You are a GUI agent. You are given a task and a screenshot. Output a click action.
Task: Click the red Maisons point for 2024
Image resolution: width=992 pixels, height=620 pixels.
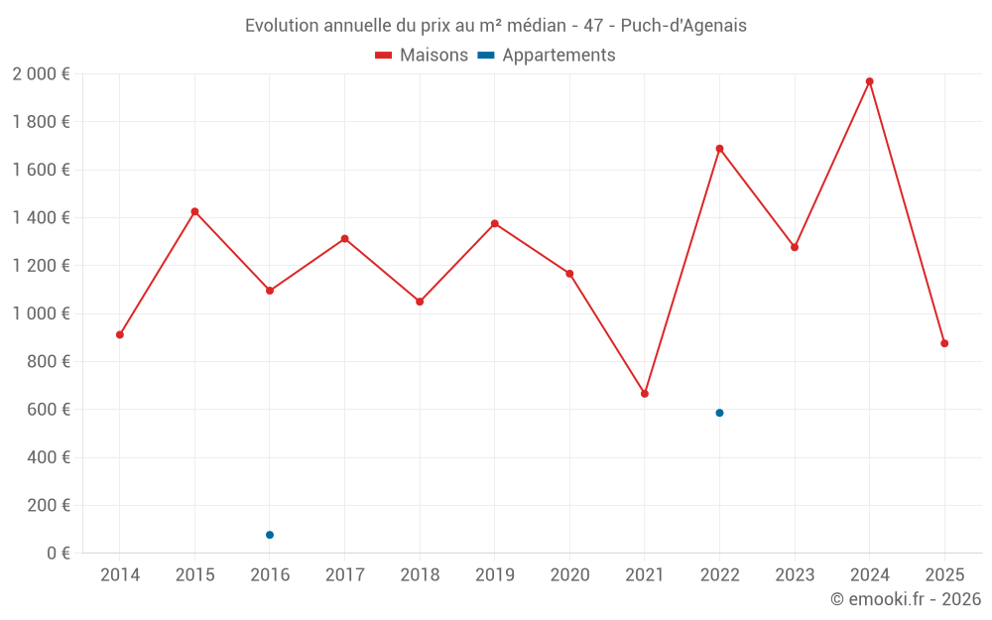[x=869, y=81]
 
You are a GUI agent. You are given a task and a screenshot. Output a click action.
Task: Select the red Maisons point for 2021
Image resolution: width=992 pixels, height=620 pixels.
[x=645, y=394]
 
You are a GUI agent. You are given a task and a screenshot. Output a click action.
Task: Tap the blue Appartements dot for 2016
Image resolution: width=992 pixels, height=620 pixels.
[x=270, y=535]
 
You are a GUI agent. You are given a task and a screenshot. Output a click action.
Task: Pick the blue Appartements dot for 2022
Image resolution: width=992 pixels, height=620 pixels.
[x=719, y=413]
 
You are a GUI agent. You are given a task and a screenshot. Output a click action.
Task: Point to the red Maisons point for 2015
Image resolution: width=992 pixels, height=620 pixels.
[x=194, y=211]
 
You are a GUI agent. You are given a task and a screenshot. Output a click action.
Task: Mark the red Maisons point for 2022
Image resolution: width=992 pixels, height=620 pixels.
[x=719, y=149]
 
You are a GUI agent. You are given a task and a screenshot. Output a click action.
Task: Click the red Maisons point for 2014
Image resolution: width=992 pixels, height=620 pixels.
[x=120, y=334]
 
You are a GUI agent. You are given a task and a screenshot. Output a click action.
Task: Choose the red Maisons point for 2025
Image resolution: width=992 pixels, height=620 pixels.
[x=944, y=343]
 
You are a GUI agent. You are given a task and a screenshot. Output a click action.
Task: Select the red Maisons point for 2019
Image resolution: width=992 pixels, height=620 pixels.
[x=495, y=223]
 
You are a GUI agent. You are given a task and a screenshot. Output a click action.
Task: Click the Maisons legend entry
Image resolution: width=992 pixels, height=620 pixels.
[x=422, y=56]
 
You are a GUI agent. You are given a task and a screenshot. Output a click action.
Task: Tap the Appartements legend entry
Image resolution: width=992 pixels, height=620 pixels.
[x=547, y=56]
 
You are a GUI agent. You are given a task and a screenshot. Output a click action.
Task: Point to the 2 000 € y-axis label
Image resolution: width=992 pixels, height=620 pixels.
[x=41, y=74]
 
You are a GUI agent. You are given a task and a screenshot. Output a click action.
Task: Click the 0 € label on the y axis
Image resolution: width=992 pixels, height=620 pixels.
[x=59, y=554]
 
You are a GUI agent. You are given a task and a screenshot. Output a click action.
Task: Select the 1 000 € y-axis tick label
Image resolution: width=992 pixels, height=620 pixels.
[x=41, y=313]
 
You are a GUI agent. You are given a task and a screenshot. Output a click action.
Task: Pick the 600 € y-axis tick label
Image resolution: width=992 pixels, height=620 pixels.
[x=48, y=410]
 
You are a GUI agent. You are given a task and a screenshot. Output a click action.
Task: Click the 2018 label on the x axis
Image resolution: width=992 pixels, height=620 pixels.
[x=420, y=575]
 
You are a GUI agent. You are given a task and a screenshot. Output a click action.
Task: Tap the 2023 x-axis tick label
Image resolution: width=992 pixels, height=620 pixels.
[x=795, y=575]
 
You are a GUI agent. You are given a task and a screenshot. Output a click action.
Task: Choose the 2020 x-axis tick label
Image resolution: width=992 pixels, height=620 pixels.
[x=569, y=575]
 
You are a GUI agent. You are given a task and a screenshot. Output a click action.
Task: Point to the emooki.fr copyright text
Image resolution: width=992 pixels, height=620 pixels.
[x=906, y=599]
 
